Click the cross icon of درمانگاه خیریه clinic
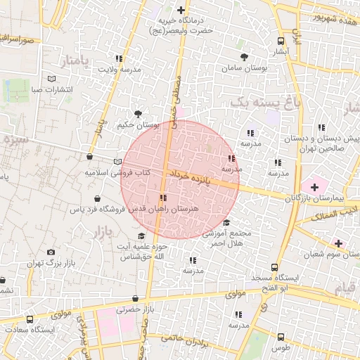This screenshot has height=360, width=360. point(181,10)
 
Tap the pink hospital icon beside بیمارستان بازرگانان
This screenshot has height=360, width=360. point(314,186)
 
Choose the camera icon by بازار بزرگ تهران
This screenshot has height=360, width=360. point(51,252)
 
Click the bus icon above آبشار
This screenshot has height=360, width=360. point(281,41)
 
